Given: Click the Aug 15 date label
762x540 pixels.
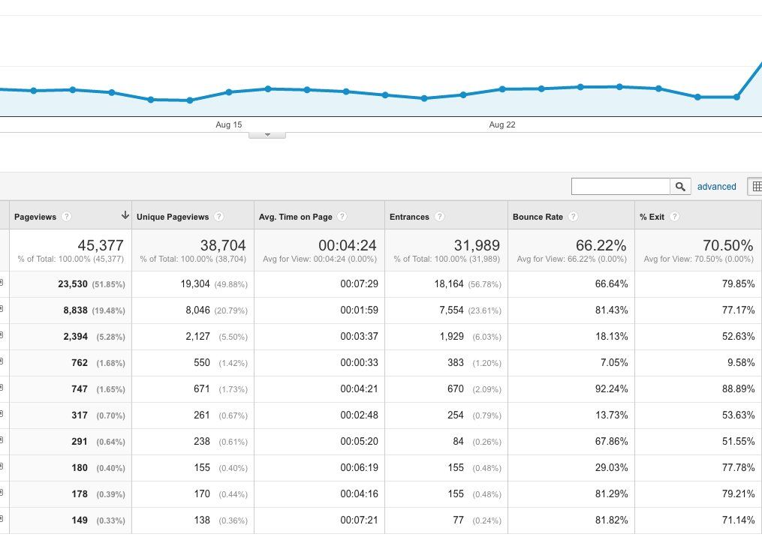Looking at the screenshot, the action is click(x=228, y=124).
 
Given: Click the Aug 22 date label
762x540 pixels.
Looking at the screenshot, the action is click(x=502, y=124).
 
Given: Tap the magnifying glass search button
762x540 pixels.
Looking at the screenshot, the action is click(x=680, y=187).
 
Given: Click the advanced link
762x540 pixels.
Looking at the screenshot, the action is click(x=716, y=187).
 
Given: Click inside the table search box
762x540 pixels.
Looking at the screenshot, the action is click(x=621, y=187).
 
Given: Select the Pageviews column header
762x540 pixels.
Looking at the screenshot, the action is click(x=35, y=217).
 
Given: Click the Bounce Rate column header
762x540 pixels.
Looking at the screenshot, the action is click(x=538, y=217).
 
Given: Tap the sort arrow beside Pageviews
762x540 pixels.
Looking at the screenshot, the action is click(x=125, y=215).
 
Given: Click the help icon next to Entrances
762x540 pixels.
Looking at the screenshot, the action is click(x=439, y=217).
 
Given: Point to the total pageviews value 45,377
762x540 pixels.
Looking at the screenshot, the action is click(x=101, y=245).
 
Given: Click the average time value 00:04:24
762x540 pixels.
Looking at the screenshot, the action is click(x=348, y=245).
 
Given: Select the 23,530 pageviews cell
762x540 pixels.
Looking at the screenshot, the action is click(x=73, y=284).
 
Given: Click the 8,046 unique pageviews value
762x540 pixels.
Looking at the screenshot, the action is click(x=197, y=310).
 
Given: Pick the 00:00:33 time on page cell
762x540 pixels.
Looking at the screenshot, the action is click(x=359, y=363).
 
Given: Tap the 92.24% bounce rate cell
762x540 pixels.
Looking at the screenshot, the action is click(x=611, y=389).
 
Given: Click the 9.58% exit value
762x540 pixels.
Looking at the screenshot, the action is click(x=741, y=363).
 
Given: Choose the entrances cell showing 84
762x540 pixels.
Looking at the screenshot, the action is click(x=458, y=442).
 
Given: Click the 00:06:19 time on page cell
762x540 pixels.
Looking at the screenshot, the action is click(x=359, y=468).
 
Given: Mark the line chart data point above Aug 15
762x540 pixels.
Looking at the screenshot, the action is click(x=229, y=91).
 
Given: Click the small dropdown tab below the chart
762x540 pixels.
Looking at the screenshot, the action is click(x=267, y=135).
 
